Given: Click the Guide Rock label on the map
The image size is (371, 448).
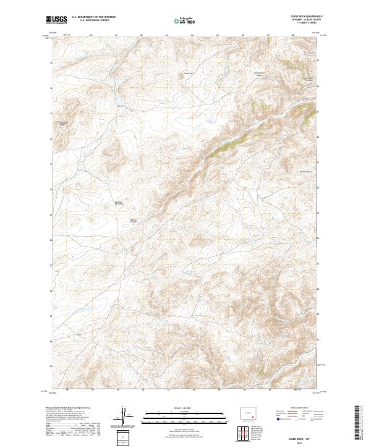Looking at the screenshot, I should pos(189,73).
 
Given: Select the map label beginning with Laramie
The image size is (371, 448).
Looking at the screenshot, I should pos(119,202).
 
